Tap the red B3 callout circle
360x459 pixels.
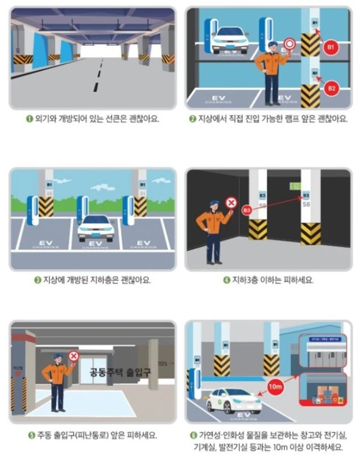point(246,210)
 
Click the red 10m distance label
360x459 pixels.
point(275,387)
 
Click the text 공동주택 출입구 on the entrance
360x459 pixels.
point(112,373)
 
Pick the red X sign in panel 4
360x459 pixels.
point(231,202)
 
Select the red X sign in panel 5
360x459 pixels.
point(73,357)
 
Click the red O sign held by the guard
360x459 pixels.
point(288,43)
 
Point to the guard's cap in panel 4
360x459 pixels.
point(213,202)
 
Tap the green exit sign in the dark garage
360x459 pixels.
point(294,186)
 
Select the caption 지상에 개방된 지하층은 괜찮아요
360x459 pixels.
point(97,280)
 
